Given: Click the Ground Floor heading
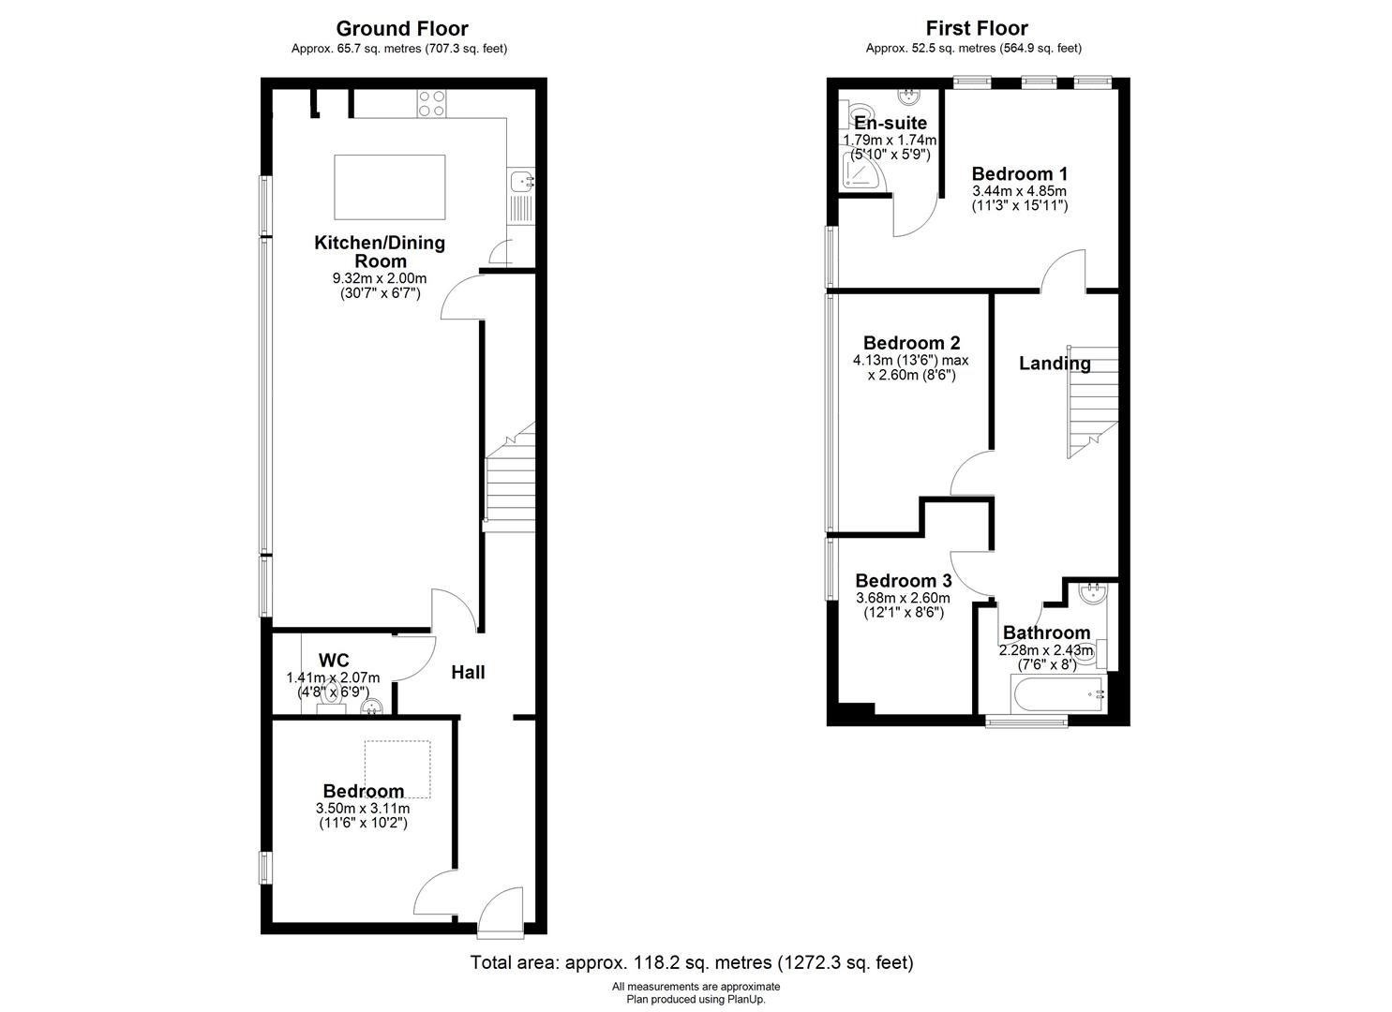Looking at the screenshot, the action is tap(402, 28).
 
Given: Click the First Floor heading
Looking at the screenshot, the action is tap(977, 28).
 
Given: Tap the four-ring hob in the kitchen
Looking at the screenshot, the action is tap(431, 103).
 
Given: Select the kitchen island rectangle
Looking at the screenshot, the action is tap(390, 187).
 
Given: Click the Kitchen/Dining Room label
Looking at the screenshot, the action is tap(380, 252).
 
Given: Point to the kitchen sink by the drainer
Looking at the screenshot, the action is tap(519, 181).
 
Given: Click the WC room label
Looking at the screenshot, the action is tap(334, 660).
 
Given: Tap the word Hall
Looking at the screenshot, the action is tap(468, 672).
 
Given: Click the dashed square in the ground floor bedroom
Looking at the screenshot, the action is tap(397, 769).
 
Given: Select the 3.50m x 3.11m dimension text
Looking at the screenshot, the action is tap(363, 809).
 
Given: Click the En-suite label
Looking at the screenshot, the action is tap(891, 123).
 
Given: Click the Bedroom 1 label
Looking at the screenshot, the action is tap(1020, 174).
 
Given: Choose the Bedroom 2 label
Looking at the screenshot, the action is tap(912, 343).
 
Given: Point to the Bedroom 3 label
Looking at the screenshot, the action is tap(904, 581).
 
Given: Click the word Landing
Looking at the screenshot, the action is tap(1055, 364).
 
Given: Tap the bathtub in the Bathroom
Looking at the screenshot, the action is tap(1057, 694).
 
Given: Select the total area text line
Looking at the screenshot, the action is tap(692, 962).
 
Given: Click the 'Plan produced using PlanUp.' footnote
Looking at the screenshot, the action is tap(696, 1000).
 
